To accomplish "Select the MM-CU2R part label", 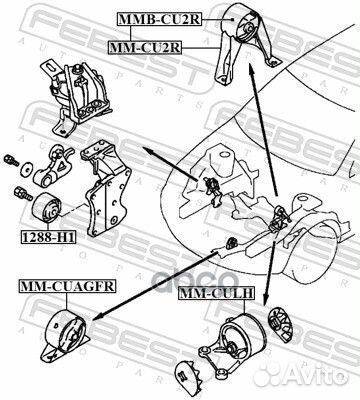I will pyautogui.click(x=143, y=47).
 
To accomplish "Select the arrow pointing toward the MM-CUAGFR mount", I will pyautogui.click(x=160, y=276).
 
